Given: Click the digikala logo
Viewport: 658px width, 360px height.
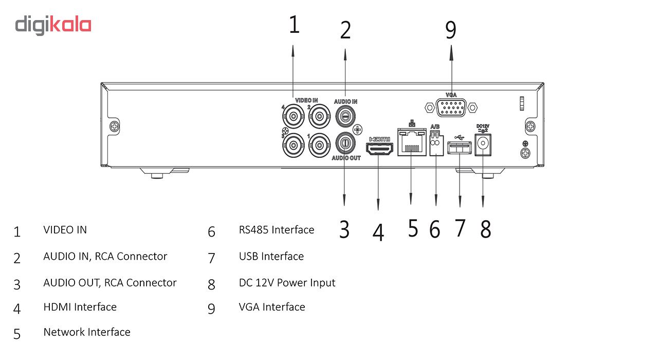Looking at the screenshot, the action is pyautogui.click(x=53, y=25).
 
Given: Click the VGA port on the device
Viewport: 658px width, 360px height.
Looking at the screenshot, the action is pyautogui.click(x=451, y=107).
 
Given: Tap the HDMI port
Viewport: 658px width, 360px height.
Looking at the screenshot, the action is pyautogui.click(x=379, y=149).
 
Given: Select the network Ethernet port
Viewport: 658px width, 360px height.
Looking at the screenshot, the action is pyautogui.click(x=412, y=142).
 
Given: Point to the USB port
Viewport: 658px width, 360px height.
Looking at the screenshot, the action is pyautogui.click(x=460, y=148).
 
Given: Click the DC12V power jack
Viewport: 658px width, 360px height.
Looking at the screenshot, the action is pyautogui.click(x=483, y=145).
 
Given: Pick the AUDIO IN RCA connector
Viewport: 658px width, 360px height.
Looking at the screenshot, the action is pyautogui.click(x=345, y=116).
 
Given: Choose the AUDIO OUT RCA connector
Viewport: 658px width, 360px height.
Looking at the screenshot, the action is pyautogui.click(x=345, y=143).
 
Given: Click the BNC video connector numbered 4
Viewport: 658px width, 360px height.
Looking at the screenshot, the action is pyautogui.click(x=293, y=116).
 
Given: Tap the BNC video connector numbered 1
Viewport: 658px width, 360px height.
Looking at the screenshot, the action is pyautogui.click(x=319, y=145).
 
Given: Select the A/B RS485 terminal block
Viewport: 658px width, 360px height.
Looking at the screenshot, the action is pyautogui.click(x=436, y=143).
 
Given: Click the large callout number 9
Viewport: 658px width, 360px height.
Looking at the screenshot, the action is pyautogui.click(x=451, y=30).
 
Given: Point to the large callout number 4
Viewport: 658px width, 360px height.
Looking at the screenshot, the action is pyautogui.click(x=378, y=232).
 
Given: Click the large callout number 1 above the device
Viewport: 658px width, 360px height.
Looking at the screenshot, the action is pyautogui.click(x=295, y=24).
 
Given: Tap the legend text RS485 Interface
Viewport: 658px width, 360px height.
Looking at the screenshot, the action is pyautogui.click(x=277, y=230).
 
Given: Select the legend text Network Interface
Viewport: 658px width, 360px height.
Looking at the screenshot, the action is pyautogui.click(x=87, y=332).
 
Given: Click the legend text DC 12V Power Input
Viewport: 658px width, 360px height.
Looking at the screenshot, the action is pyautogui.click(x=287, y=283).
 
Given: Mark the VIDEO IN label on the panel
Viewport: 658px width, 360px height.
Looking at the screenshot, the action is pyautogui.click(x=306, y=100).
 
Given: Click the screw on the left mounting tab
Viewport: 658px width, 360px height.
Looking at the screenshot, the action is pyautogui.click(x=114, y=127).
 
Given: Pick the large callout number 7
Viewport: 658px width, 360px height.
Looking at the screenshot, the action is pyautogui.click(x=460, y=228).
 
